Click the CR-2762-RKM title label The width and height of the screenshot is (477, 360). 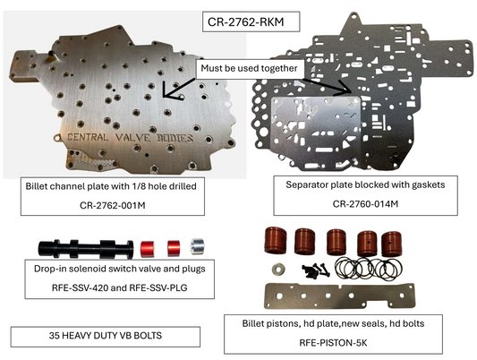[245, 21]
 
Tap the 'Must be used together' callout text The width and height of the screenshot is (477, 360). [249, 68]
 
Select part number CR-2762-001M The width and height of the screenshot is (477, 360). [112, 205]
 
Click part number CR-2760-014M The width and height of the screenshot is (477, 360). [365, 203]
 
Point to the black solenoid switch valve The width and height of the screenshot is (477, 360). [86, 248]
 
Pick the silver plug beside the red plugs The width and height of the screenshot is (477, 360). [198, 246]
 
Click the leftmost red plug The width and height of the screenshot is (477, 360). [148, 249]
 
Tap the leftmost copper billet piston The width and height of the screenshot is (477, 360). [276, 240]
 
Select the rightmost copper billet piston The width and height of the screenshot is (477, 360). [392, 244]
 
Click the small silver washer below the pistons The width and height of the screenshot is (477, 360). [278, 269]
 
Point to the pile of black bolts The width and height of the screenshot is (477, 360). [316, 270]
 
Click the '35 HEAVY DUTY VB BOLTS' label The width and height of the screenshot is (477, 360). [106, 335]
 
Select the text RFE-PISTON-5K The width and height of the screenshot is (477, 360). [333, 343]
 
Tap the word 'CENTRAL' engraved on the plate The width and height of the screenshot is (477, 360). [88, 137]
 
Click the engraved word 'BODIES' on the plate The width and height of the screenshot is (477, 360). [175, 138]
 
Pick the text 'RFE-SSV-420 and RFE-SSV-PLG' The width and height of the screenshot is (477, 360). [120, 287]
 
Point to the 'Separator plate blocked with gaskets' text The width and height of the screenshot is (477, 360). [365, 184]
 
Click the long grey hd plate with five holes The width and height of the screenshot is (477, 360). [339, 296]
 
